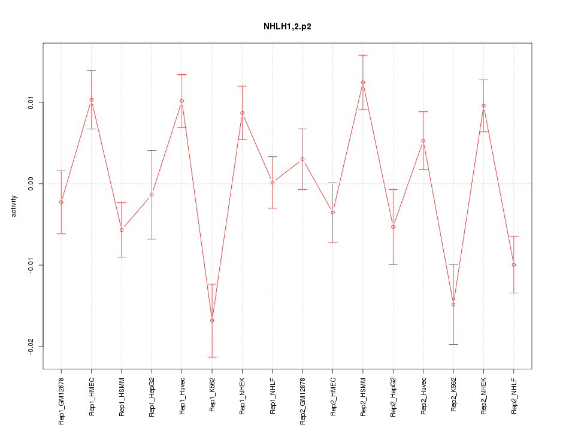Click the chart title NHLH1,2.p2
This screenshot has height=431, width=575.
click(x=287, y=27)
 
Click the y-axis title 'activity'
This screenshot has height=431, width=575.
click(x=14, y=205)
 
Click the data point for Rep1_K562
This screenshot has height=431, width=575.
click(x=212, y=320)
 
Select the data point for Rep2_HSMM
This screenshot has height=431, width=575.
click(x=363, y=82)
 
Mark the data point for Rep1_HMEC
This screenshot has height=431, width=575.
click(x=91, y=99)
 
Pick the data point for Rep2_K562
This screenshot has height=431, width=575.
click(x=453, y=304)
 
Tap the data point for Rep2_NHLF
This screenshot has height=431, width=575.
click(x=514, y=265)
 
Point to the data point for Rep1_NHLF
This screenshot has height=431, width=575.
click(x=273, y=182)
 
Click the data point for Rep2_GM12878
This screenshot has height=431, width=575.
click(x=302, y=159)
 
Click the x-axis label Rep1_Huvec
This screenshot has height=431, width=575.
click(x=182, y=396)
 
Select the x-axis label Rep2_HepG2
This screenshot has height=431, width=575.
click(x=393, y=398)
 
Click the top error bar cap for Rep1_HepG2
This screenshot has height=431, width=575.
click(x=152, y=150)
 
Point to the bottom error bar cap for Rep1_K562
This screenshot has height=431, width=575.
click(x=212, y=357)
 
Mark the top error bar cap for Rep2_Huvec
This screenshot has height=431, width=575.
click(x=423, y=111)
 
